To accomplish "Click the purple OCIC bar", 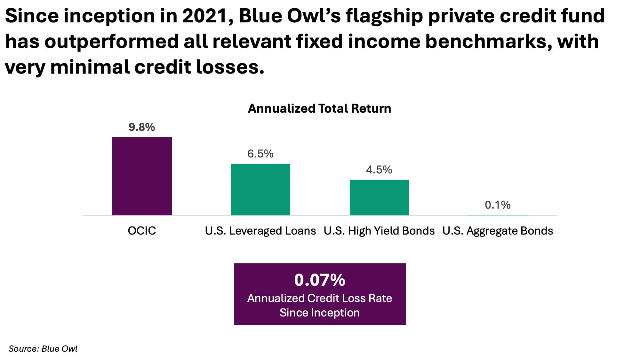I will (142, 176).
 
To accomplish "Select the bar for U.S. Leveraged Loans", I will (260, 189).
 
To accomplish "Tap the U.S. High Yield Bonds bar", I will (379, 197).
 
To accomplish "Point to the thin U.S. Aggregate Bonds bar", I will (498, 215).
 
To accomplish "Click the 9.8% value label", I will (142, 127).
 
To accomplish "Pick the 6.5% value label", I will (260, 154).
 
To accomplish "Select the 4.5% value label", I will (379, 170).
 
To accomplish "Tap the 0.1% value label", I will (498, 205).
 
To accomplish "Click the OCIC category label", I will (142, 231).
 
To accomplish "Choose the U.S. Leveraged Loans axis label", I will (260, 231).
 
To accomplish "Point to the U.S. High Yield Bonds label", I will (379, 231).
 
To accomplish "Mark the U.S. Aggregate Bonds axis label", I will (498, 231).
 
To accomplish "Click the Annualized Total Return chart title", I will (319, 108).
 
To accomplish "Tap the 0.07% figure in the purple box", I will (320, 280).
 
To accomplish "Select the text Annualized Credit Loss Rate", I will (320, 298).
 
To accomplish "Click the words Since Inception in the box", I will (320, 313).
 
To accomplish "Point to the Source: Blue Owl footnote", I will (43, 349).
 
